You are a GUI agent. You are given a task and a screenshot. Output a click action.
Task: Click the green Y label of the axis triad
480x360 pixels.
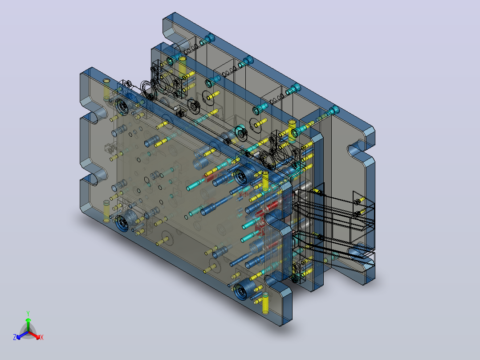(28, 313)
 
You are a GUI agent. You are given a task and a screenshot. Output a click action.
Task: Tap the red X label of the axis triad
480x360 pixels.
(42, 337)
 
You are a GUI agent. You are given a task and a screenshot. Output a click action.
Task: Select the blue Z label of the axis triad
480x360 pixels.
(15, 337)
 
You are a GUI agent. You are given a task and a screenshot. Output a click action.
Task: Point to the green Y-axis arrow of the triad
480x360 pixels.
(28, 324)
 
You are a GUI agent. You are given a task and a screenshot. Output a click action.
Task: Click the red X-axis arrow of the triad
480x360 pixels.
(34, 335)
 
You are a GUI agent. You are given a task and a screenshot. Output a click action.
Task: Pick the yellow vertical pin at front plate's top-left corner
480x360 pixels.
(106, 89)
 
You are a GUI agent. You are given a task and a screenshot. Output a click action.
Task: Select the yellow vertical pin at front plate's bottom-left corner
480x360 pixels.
(106, 211)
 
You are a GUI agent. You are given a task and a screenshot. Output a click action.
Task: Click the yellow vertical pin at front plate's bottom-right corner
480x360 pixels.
(265, 303)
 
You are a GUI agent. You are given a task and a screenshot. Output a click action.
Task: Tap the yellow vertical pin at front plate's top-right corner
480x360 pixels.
(265, 181)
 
